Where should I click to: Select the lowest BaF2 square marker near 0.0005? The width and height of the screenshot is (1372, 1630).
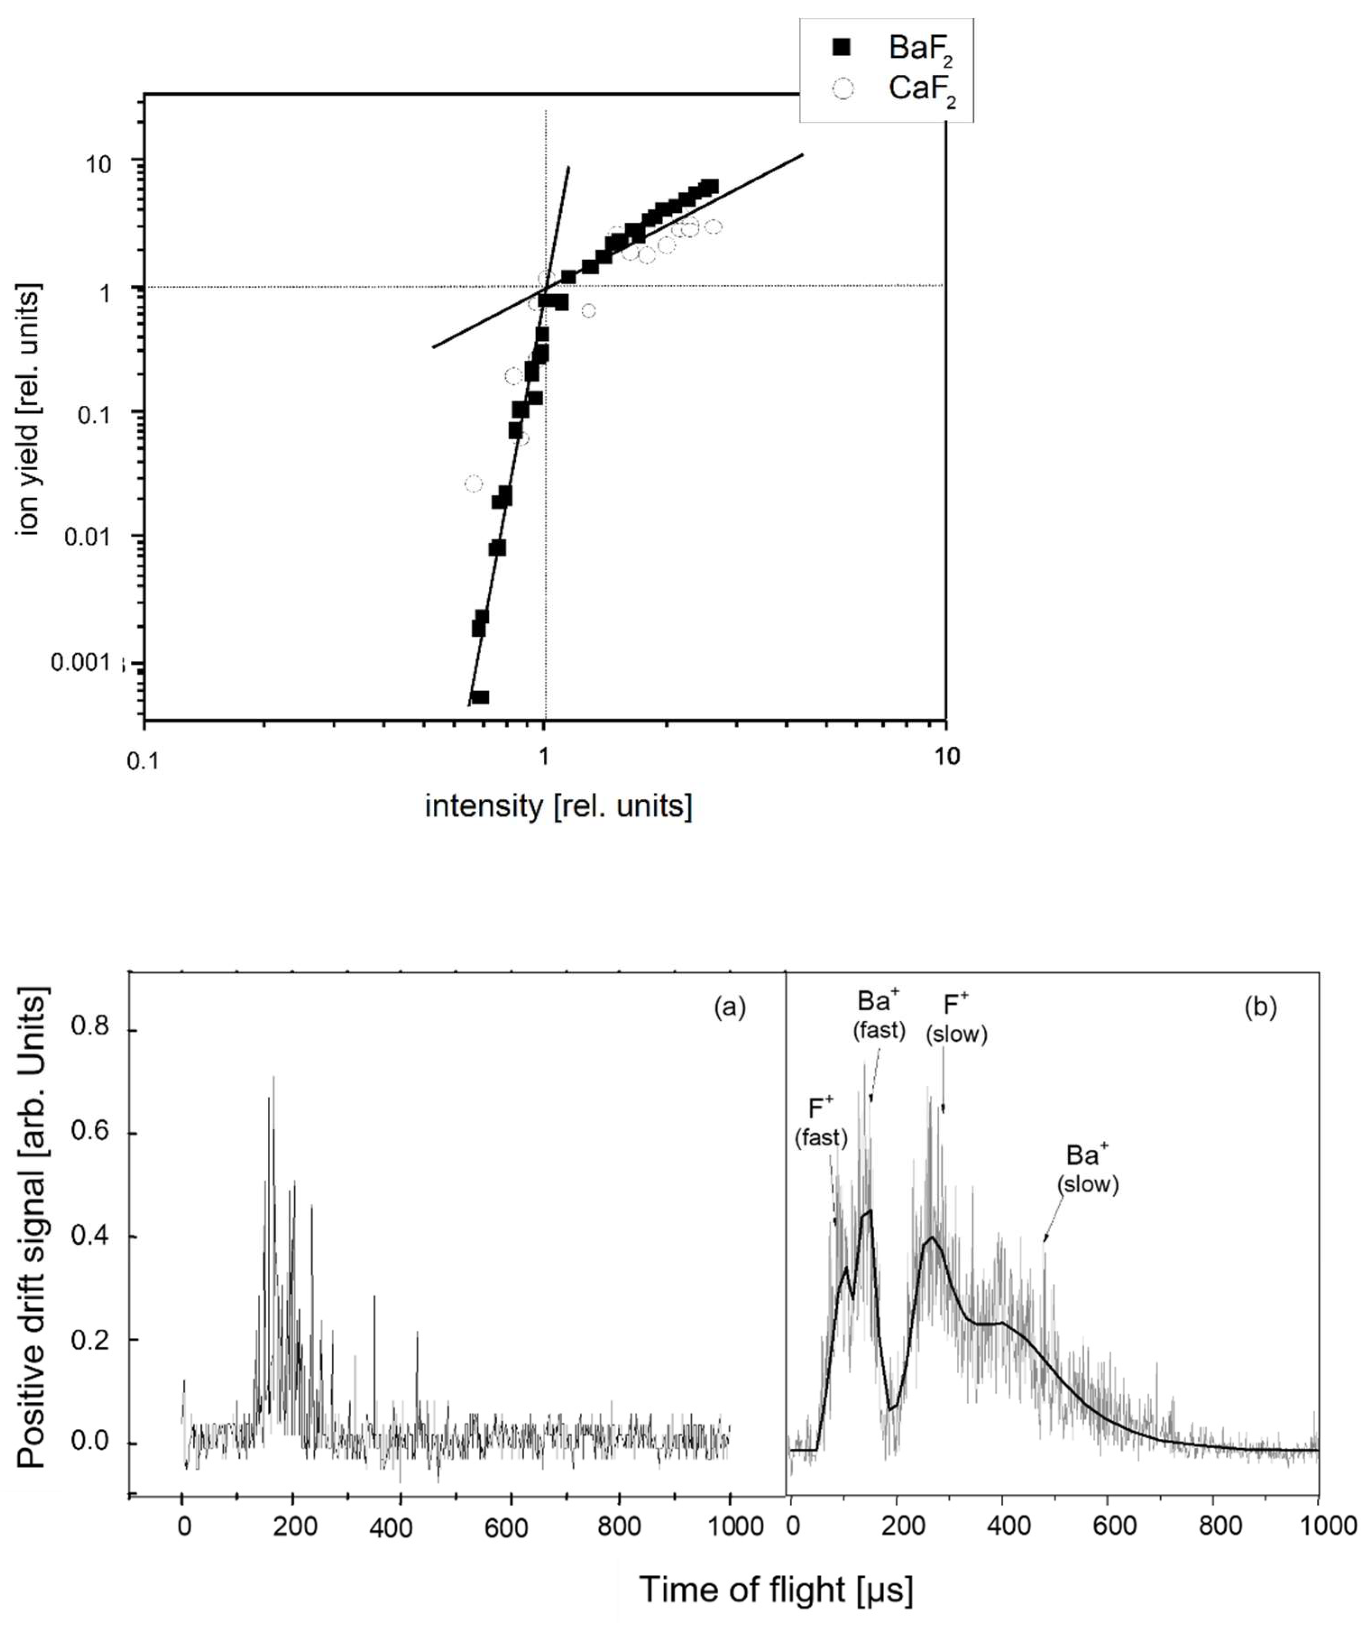coord(481,697)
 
